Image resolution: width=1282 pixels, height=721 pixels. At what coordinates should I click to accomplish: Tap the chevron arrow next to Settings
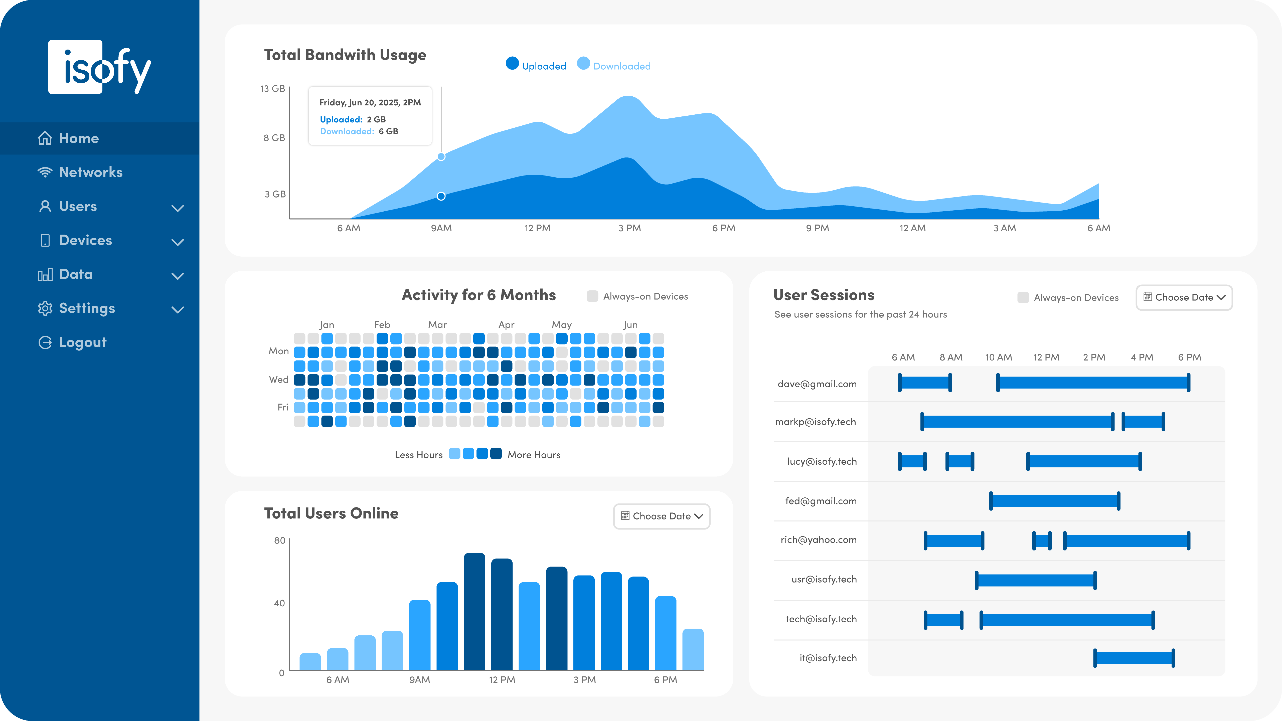(x=178, y=309)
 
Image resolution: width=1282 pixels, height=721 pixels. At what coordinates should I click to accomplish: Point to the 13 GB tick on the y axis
(x=273, y=89)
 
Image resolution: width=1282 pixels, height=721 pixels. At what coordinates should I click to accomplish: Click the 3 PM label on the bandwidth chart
(x=629, y=228)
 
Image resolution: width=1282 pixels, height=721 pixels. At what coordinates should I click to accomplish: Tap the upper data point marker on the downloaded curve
(x=441, y=157)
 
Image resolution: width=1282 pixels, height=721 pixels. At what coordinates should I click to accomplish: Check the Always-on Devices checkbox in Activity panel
(x=592, y=296)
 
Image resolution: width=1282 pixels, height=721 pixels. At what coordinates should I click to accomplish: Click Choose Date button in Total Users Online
(x=661, y=516)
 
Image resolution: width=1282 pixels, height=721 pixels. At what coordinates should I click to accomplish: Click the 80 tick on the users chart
(x=280, y=540)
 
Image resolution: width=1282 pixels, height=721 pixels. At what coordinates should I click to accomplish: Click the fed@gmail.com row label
(x=821, y=501)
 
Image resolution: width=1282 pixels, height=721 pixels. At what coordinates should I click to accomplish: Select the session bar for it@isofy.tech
(x=1134, y=658)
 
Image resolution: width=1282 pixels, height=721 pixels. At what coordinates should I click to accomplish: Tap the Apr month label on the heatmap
(x=506, y=324)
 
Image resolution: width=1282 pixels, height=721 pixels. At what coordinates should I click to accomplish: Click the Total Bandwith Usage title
(x=345, y=55)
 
